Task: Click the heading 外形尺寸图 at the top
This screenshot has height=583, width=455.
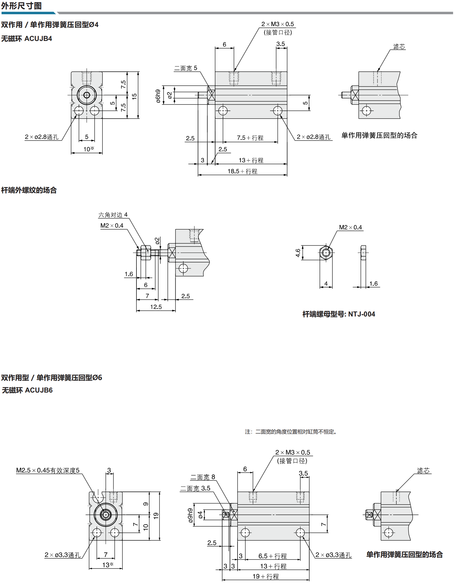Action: (21, 6)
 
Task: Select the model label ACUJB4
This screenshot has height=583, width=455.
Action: (38, 39)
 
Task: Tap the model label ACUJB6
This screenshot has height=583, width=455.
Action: (39, 390)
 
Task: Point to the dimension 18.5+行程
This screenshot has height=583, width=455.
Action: (242, 171)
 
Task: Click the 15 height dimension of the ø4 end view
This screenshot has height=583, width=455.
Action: (134, 96)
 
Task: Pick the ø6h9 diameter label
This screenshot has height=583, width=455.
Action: (158, 96)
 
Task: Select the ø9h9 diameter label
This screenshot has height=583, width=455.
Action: (190, 516)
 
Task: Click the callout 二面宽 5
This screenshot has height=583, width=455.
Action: (186, 68)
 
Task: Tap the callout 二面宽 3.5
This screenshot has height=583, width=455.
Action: (195, 488)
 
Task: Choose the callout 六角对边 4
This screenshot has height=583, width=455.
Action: (113, 215)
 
